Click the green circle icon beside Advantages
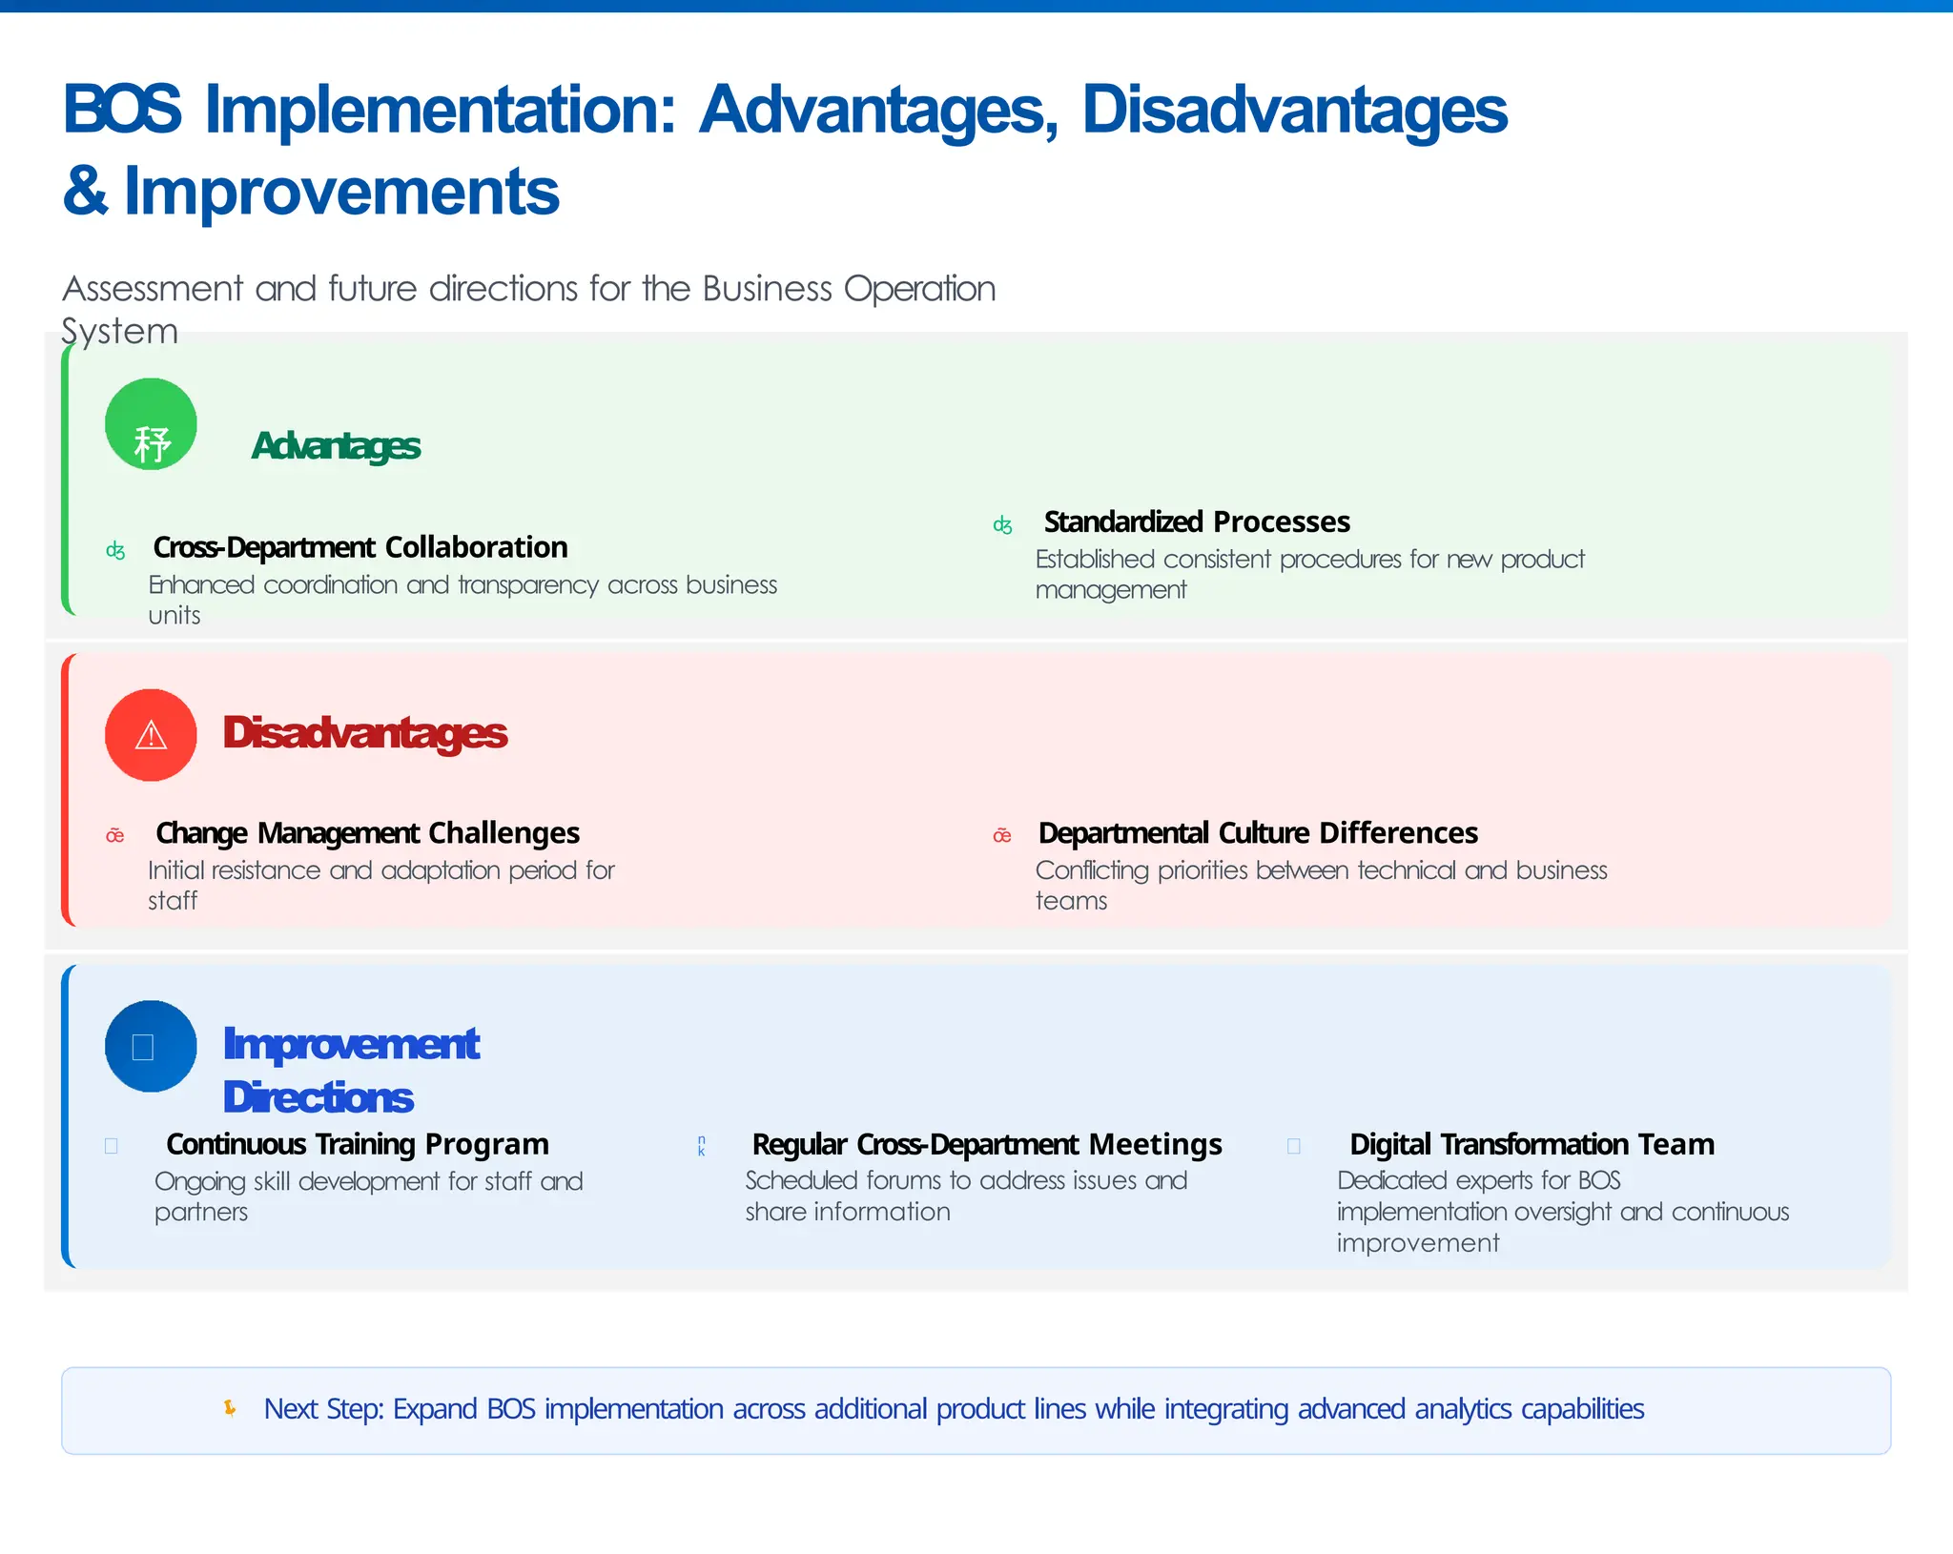point(151,424)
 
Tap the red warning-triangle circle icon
point(151,735)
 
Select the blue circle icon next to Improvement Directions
point(151,1046)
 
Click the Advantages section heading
point(336,446)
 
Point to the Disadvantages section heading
point(364,733)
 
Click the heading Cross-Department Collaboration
point(360,547)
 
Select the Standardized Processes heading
point(1197,521)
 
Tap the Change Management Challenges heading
point(367,833)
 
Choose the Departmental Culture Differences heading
point(1258,833)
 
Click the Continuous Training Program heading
point(358,1144)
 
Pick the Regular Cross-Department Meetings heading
point(987,1144)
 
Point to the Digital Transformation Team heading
point(1532,1144)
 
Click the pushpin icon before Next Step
point(230,1408)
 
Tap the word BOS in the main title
point(121,110)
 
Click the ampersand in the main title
point(85,191)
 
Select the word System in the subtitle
point(119,331)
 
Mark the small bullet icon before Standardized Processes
point(1002,524)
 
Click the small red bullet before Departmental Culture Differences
point(1001,836)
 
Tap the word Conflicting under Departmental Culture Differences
point(1092,870)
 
